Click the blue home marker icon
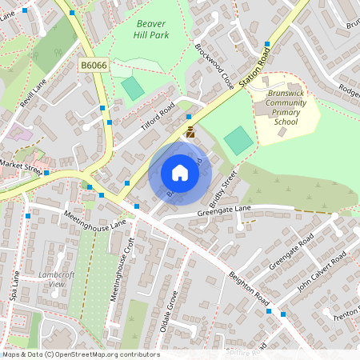click(x=180, y=173)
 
